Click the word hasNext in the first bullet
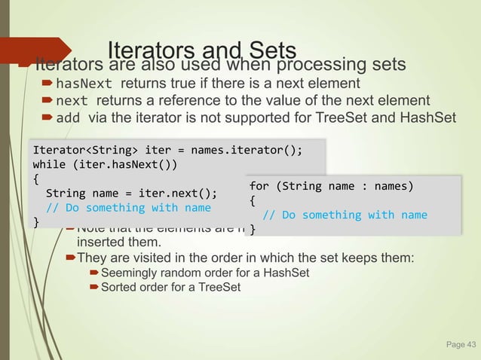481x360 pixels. click(84, 84)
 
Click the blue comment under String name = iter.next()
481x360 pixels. click(128, 207)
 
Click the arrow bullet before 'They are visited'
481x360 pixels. click(71, 258)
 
